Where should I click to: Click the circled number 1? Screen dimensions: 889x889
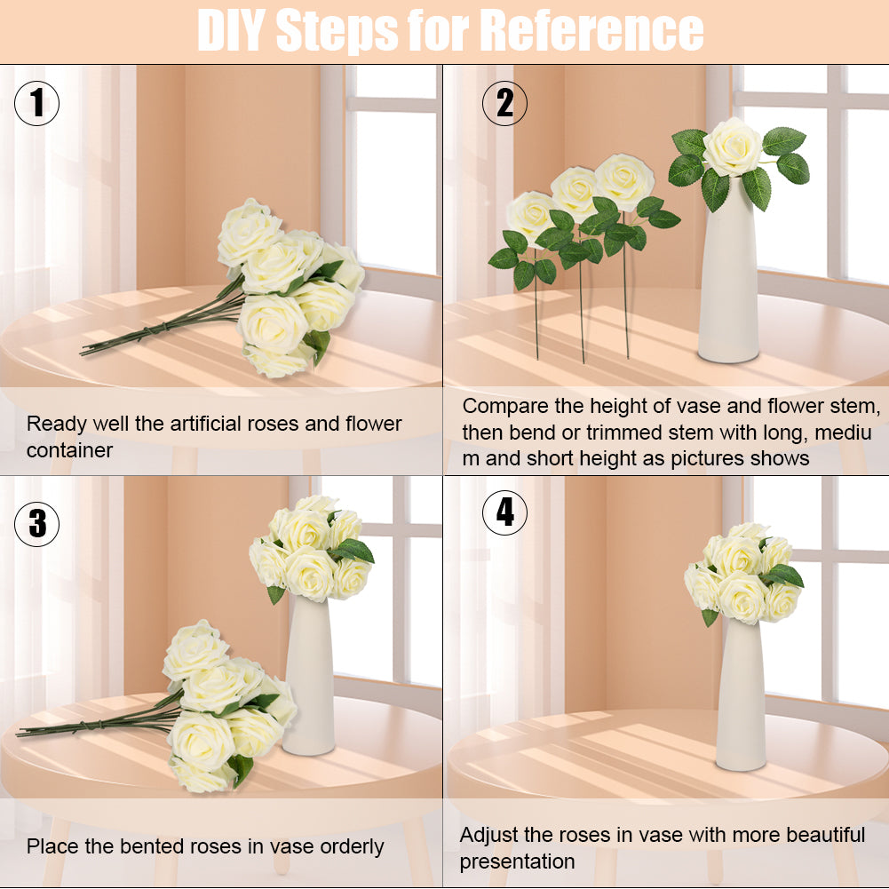point(36,103)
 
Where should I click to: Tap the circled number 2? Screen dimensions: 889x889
point(504,103)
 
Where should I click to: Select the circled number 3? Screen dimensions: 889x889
point(36,524)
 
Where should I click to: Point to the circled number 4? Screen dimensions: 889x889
point(504,512)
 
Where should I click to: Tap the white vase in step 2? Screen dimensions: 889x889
point(729,269)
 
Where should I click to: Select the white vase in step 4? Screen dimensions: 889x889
point(741,695)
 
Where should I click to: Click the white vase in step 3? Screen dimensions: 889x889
point(310,675)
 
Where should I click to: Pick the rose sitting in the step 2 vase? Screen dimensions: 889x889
point(733,147)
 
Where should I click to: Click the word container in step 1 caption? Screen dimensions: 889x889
point(70,451)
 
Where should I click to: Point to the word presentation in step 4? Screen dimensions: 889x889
point(517,861)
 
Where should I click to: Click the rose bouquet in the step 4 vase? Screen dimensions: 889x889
point(744,574)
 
